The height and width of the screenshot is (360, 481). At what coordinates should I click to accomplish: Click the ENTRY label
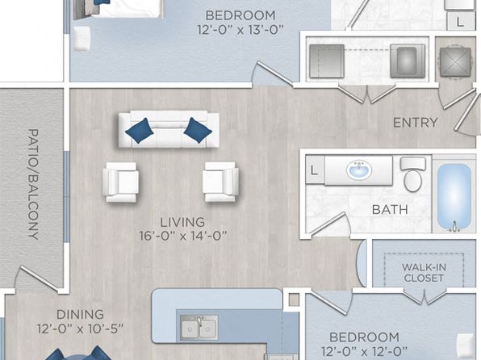point(416,123)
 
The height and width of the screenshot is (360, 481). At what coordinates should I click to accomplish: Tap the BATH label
point(390,210)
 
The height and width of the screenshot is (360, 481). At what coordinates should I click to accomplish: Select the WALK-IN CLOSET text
point(424,273)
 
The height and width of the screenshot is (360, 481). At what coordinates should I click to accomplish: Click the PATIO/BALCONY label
point(33,184)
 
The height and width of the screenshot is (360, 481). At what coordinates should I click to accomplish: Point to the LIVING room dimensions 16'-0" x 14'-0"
point(183,237)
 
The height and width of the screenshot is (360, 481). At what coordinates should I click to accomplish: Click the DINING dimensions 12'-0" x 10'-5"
point(80,329)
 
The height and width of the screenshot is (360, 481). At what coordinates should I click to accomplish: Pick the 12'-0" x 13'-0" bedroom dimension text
point(240,30)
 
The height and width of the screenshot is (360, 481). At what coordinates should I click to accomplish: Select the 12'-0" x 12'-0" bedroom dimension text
point(364,351)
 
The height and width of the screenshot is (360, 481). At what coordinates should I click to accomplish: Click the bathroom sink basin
point(359,170)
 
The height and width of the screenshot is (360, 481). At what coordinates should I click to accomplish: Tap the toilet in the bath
point(413,174)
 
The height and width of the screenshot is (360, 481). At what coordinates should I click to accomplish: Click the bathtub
point(454,196)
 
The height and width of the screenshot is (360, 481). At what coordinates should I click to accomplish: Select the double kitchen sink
point(199,327)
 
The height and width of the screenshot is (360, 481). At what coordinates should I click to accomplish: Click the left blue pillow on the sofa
point(140,131)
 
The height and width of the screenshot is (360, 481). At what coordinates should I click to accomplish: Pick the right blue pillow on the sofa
point(198,130)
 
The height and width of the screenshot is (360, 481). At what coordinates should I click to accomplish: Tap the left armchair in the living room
point(120,182)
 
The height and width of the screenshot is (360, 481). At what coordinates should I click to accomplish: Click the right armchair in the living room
point(220,182)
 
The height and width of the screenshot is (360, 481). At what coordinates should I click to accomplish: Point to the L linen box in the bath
point(315,170)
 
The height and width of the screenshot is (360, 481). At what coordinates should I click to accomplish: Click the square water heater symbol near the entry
point(455,62)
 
